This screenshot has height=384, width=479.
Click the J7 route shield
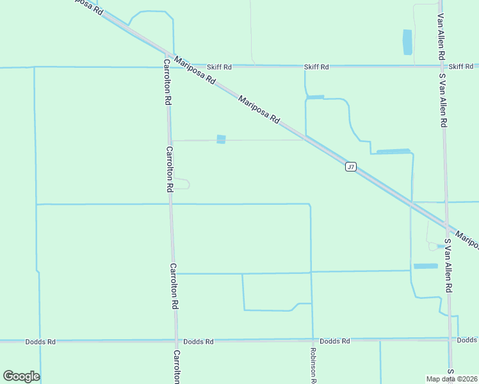pyautogui.click(x=350, y=167)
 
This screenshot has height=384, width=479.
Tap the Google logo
pyautogui.click(x=20, y=376)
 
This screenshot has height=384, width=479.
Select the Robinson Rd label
pyautogui.click(x=314, y=365)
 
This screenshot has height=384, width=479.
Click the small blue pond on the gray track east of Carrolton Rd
pyautogui.click(x=221, y=139)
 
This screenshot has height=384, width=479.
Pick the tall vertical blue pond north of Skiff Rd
pyautogui.click(x=407, y=42)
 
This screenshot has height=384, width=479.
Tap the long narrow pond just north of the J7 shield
pyautogui.click(x=393, y=152)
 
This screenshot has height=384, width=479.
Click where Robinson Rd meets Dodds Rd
pyautogui.click(x=313, y=340)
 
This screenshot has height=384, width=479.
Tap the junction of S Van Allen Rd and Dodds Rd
pyautogui.click(x=450, y=339)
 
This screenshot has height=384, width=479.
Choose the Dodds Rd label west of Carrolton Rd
pyautogui.click(x=40, y=342)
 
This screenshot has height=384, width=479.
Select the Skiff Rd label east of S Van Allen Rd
pyautogui.click(x=461, y=67)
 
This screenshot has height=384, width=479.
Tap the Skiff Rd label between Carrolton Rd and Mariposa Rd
pyautogui.click(x=219, y=67)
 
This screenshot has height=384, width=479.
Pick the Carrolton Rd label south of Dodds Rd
pyautogui.click(x=176, y=367)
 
